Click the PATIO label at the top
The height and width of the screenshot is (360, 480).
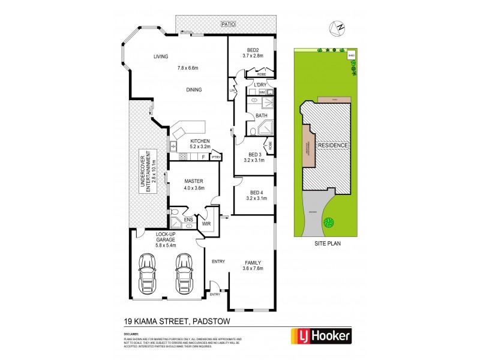(x=226, y=25)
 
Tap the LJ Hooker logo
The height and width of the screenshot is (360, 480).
(x=321, y=335)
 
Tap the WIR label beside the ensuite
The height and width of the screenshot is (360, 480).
(x=206, y=223)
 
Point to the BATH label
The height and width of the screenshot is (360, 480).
(x=262, y=115)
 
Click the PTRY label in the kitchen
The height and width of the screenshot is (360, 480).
(x=216, y=157)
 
